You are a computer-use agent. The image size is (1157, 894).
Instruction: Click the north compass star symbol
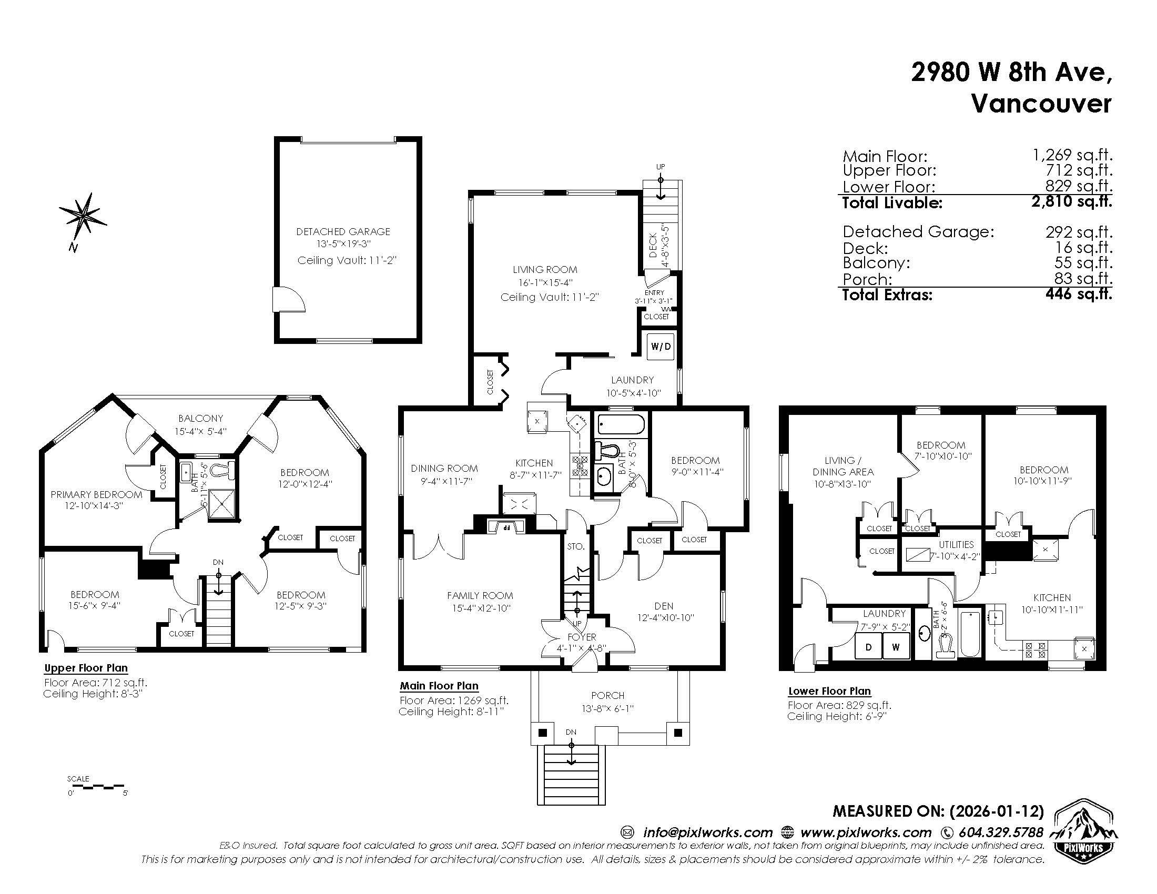click(x=83, y=216)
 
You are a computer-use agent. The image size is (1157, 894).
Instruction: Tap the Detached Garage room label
click(x=343, y=231)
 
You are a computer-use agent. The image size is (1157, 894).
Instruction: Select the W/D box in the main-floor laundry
click(x=661, y=347)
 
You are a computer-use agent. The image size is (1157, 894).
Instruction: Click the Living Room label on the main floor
click(x=545, y=270)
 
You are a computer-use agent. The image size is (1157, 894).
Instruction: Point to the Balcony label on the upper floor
click(x=201, y=419)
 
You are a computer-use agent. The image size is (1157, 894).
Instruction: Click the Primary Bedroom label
click(x=96, y=495)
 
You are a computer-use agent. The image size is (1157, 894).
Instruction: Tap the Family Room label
click(x=480, y=596)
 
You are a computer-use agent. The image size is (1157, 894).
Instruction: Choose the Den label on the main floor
click(x=664, y=606)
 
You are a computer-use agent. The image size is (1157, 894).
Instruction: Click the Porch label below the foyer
click(x=607, y=695)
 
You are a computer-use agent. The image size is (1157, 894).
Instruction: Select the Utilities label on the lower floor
click(x=956, y=544)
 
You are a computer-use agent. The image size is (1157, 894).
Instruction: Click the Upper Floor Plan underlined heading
click(x=86, y=668)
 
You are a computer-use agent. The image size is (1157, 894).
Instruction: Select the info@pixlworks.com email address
click(x=708, y=832)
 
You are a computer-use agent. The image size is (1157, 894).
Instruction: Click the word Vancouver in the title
click(x=1041, y=104)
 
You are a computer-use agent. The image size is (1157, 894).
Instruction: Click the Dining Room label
click(x=444, y=468)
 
